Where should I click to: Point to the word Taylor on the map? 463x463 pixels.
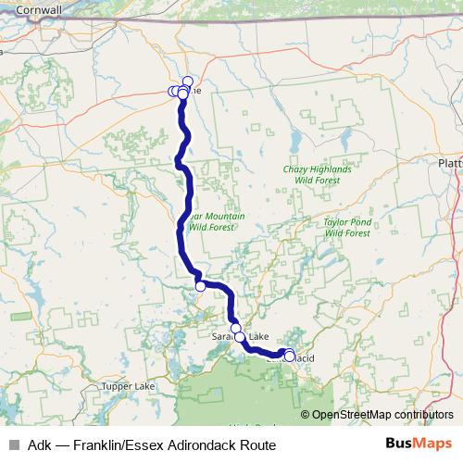(338, 223)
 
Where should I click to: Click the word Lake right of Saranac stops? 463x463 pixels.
(257, 336)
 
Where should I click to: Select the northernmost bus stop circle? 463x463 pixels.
(188, 81)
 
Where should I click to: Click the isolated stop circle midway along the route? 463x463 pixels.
(200, 286)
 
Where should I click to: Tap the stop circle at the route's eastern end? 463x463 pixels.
(290, 356)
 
